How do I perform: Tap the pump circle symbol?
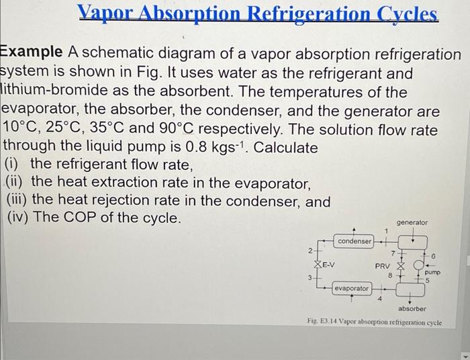click(418, 265)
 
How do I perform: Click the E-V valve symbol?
click(318, 265)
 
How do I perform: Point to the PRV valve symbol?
click(401, 265)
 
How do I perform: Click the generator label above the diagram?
click(412, 223)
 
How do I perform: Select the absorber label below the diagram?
click(412, 309)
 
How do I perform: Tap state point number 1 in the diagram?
click(386, 231)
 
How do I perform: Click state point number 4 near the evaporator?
click(379, 299)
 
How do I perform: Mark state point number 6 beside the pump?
click(433, 257)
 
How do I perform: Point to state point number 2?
click(310, 251)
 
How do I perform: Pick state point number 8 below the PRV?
click(390, 275)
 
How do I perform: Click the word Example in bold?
click(31, 52)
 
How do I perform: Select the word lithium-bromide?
click(54, 90)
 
